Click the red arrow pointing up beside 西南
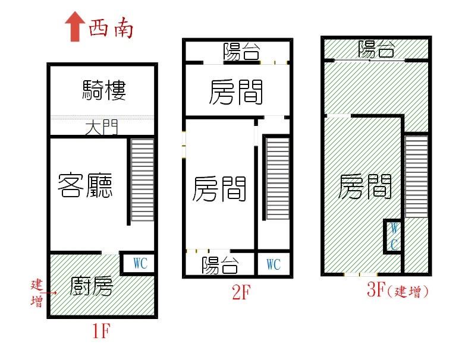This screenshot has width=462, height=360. coord(76,26)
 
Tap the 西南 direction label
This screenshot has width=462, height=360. coord(111,29)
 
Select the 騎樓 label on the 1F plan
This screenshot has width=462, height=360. coord(104,90)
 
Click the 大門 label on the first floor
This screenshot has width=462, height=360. coord(102,128)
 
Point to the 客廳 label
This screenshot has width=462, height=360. coord(85,185)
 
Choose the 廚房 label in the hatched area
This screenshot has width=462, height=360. coord(92,286)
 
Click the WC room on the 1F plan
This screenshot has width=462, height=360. coord(139,263)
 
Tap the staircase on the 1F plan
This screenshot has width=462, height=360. coord(142,180)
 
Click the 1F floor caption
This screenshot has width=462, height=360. coord(101,330)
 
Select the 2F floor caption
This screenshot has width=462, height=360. coord(241,292)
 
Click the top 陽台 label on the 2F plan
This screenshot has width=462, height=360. coord(241,52)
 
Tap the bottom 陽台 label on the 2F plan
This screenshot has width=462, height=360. coord(220,265)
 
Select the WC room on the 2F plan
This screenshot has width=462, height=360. coord(274,264)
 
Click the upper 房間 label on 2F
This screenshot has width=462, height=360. coord(236,92)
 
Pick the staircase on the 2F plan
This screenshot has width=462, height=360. coord(278,178)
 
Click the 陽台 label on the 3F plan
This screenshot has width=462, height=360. coord(376,49)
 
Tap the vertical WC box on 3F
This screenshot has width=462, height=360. coord(393,236)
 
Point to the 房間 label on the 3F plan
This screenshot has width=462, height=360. coord(364,187)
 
